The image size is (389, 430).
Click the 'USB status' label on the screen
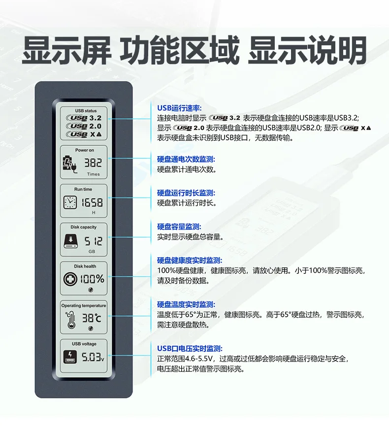click(86, 111)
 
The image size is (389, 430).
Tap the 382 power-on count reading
click(93, 163)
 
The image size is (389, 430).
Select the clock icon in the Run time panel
click(70, 202)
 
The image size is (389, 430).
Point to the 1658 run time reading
click(92, 202)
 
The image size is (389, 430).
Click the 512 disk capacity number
click(93, 241)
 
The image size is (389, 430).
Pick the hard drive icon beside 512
click(71, 241)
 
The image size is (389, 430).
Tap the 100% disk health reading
click(92, 279)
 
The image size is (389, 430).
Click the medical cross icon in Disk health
click(70, 279)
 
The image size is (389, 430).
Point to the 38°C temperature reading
click(92, 318)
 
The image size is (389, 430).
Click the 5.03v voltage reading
click(93, 357)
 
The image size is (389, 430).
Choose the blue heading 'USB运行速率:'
click(179, 108)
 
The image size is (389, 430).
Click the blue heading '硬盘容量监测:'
click(179, 227)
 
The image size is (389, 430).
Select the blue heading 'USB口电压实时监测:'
click(190, 349)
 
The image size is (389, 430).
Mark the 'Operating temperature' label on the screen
click(84, 305)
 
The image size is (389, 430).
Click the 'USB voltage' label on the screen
click(84, 344)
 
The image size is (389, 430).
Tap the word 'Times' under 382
click(94, 174)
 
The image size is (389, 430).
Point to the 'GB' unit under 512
click(92, 252)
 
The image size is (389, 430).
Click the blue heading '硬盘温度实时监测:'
click(186, 304)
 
